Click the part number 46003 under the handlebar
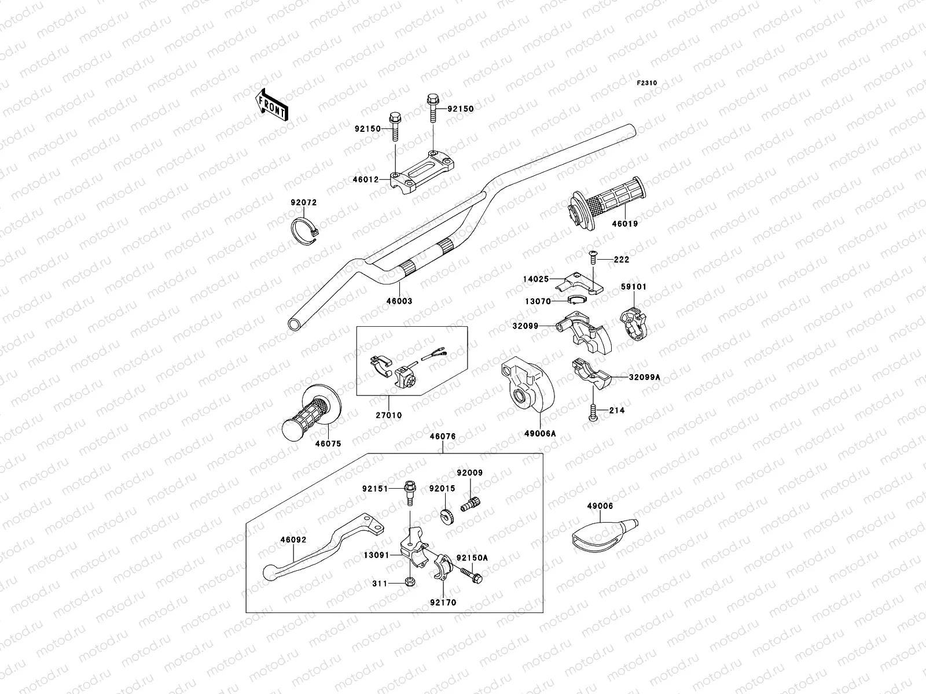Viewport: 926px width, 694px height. (x=399, y=301)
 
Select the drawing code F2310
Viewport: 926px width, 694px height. (x=647, y=83)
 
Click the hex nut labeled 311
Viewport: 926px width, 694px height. (x=409, y=583)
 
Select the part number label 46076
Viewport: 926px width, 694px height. (x=442, y=437)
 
